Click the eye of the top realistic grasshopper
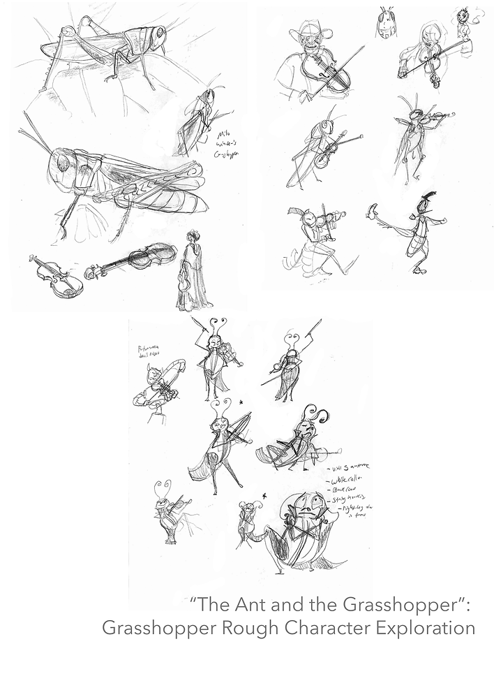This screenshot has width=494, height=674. (x=160, y=33)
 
